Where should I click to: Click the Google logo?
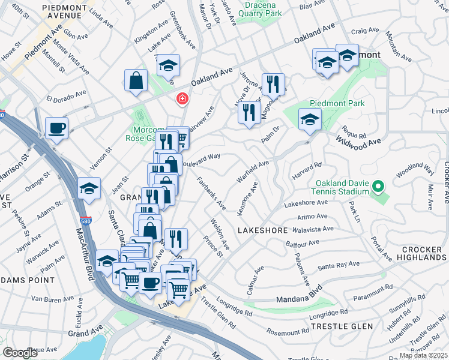20,353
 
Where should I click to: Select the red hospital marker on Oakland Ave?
181,98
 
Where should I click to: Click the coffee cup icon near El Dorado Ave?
56,128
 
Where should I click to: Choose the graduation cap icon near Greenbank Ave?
169,65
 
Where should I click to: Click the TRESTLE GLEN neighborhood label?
342,326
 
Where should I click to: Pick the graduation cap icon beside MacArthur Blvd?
89,187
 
